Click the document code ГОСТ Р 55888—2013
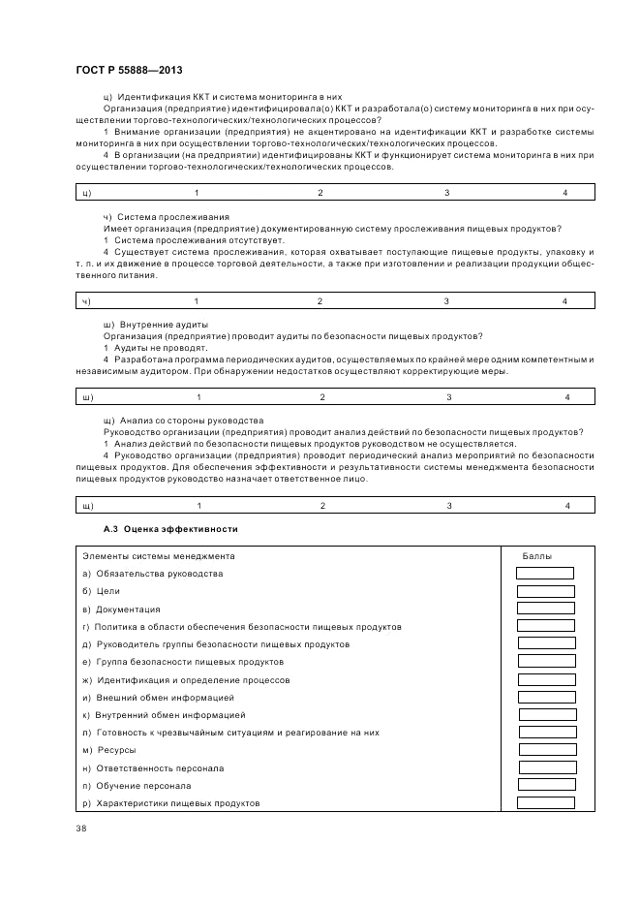(129, 71)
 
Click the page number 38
(80, 828)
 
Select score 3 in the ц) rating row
(446, 193)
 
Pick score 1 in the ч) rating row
(196, 301)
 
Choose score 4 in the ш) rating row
(567, 397)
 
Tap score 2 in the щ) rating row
(322, 505)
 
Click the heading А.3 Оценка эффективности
(169, 529)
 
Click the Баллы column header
(538, 555)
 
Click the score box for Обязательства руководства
(545, 574)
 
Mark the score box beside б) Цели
(545, 591)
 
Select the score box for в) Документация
(545, 609)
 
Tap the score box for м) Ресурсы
(547, 750)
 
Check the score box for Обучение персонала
(547, 785)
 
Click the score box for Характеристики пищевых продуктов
(547, 802)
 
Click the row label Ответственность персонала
(153, 767)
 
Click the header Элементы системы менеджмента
(158, 555)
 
